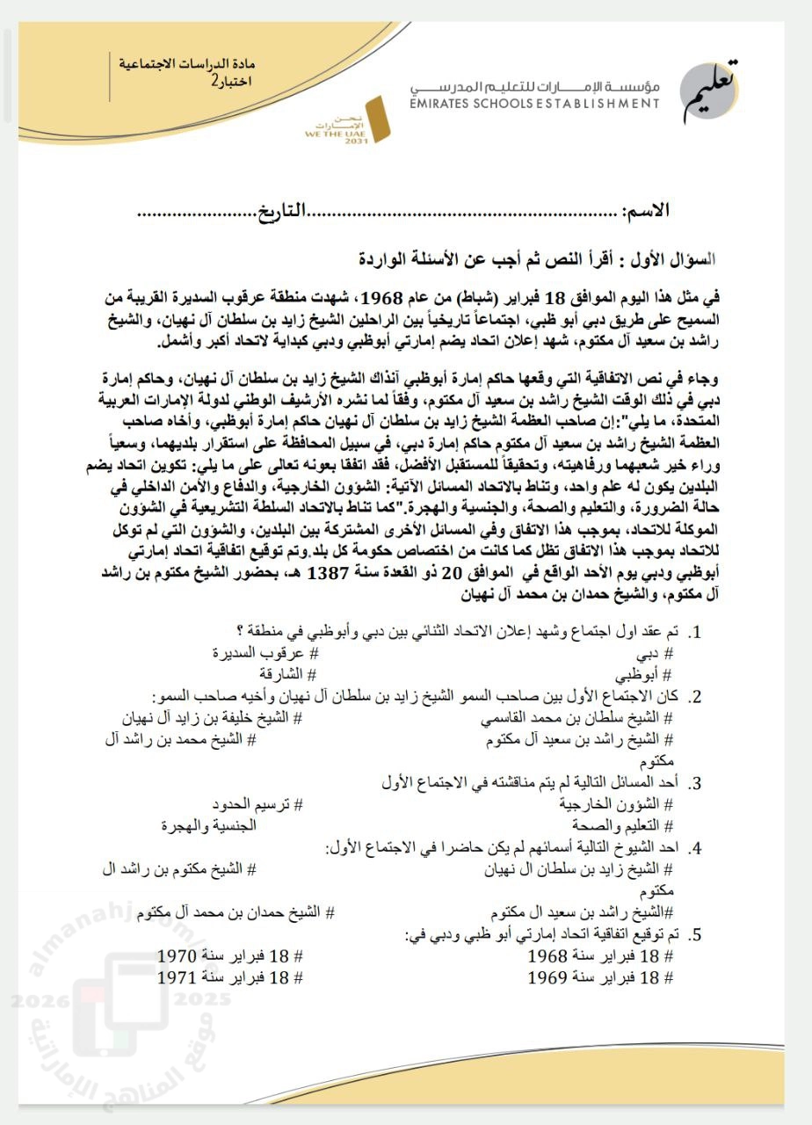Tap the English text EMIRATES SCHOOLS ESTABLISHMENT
[x=533, y=104]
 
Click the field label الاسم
[x=645, y=212]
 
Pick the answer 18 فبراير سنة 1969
[x=601, y=976]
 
